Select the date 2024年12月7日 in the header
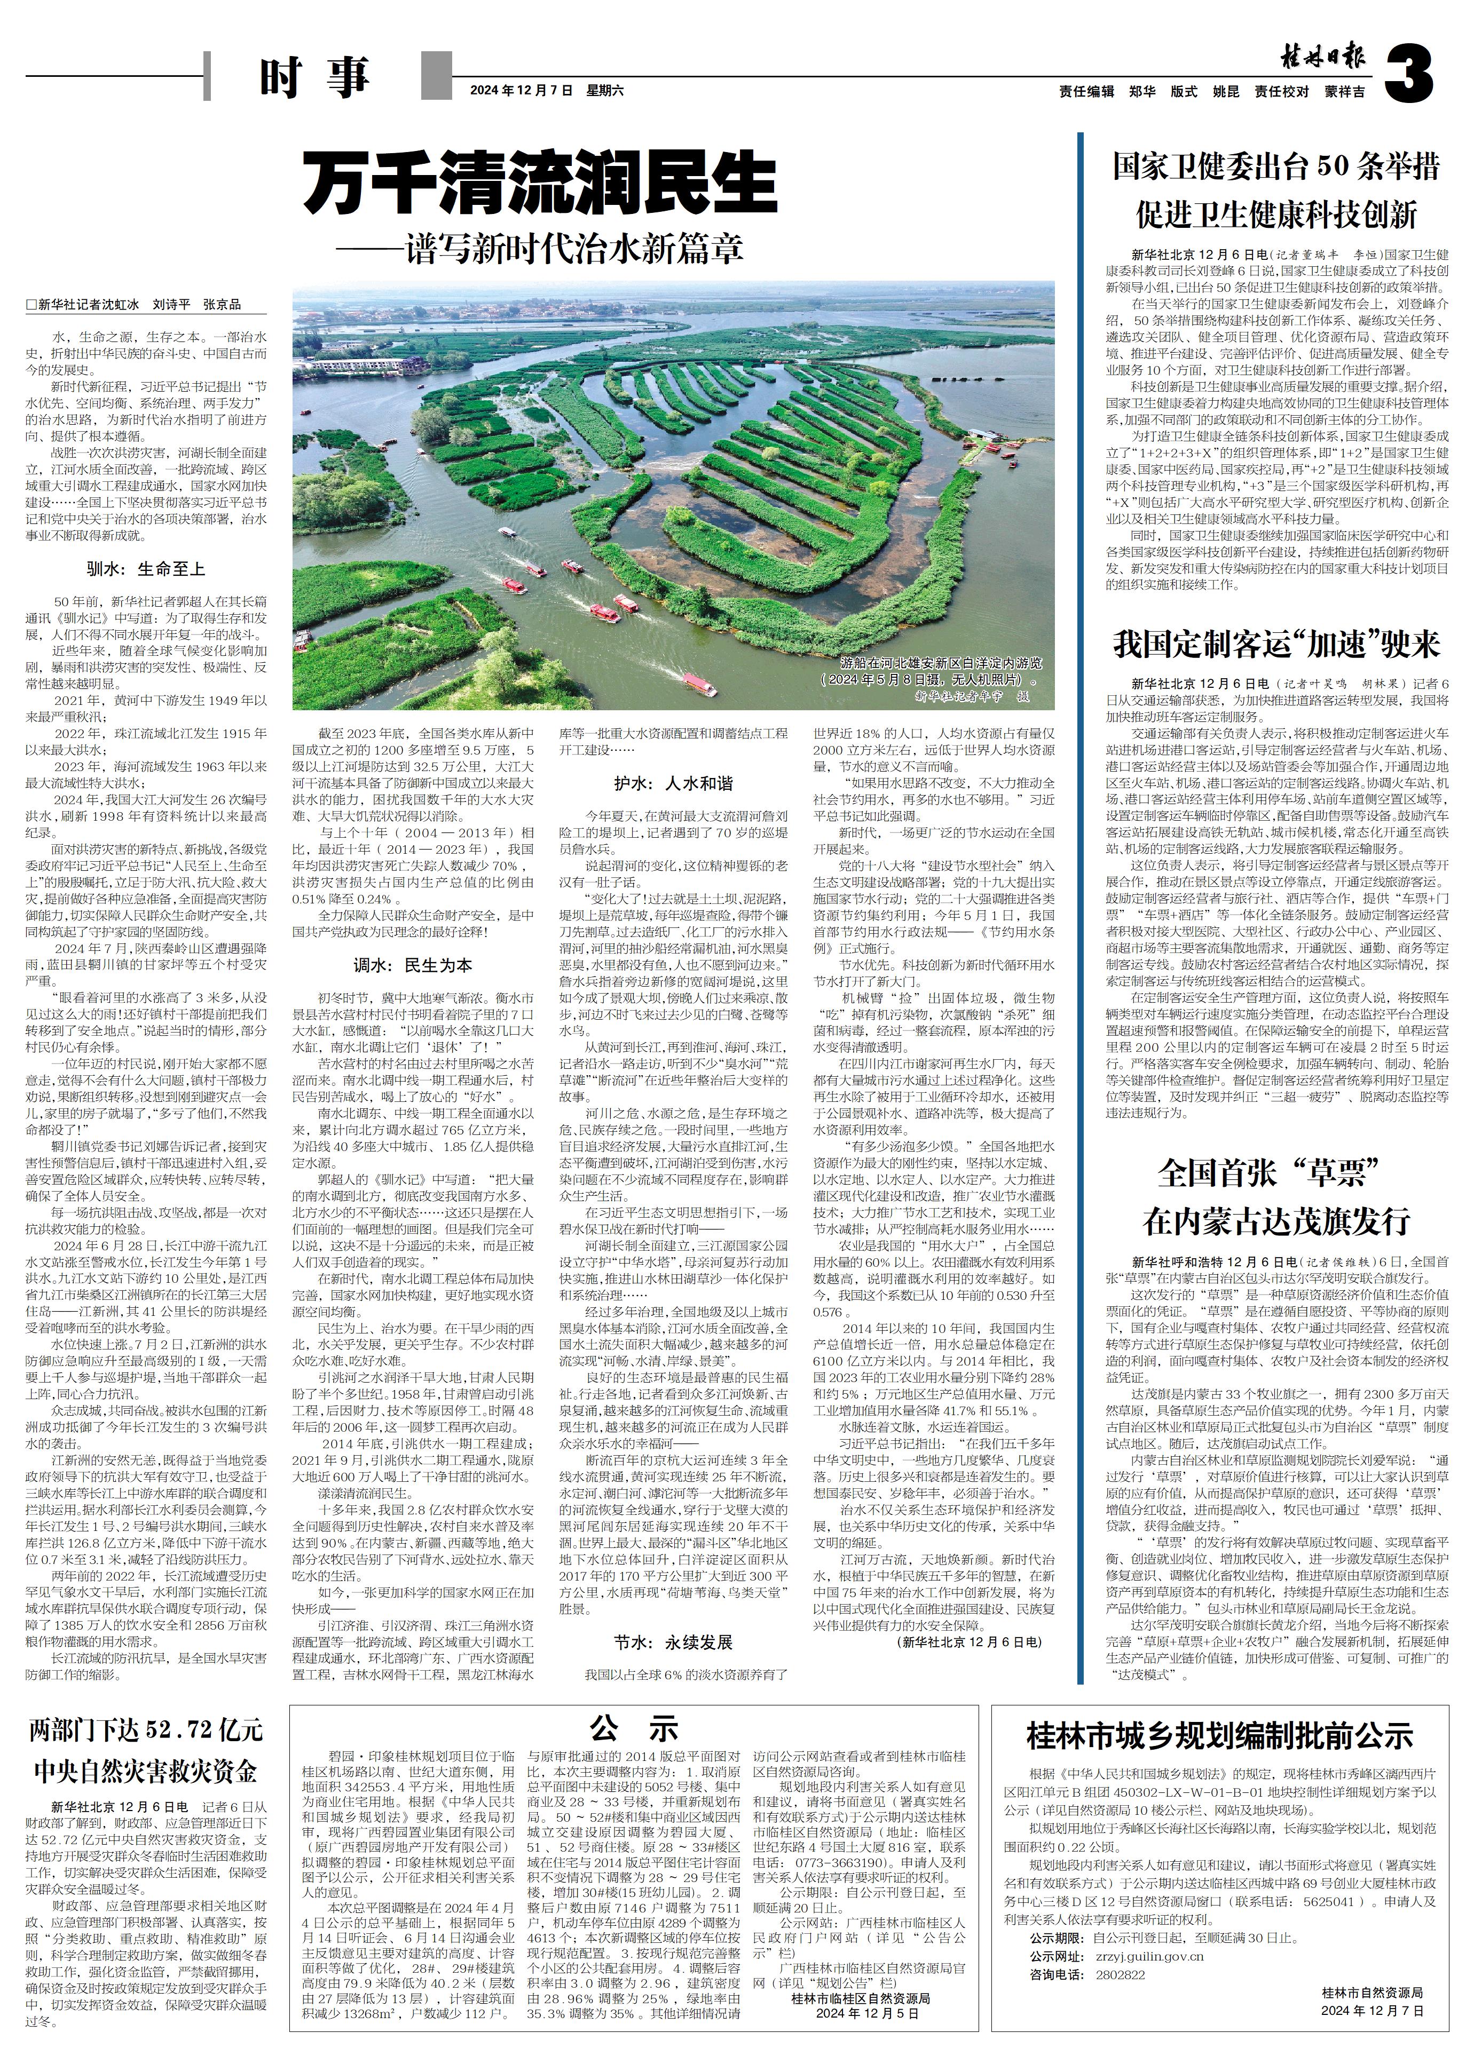522,91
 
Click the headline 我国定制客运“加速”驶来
1276,644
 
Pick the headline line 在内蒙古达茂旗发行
1276,1221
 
